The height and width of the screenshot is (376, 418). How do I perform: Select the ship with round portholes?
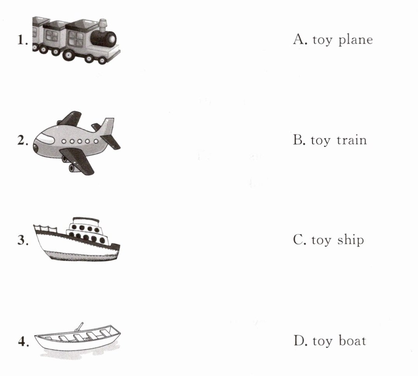[77, 240]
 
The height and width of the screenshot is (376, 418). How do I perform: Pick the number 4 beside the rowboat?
[22, 342]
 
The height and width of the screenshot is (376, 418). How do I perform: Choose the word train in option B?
[352, 140]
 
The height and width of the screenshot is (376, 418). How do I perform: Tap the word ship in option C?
[351, 240]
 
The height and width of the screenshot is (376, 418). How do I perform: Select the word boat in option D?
[352, 341]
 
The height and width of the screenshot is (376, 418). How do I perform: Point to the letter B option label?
[298, 139]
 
